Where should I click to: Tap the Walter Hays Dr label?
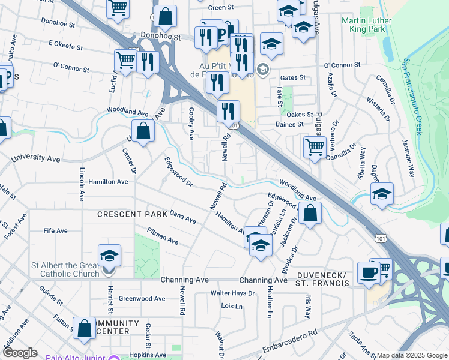pyautogui.click(x=232, y=293)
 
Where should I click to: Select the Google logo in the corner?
pyautogui.click(x=20, y=353)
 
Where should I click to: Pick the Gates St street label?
pyautogui.click(x=293, y=78)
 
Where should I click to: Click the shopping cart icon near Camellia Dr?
pyautogui.click(x=315, y=146)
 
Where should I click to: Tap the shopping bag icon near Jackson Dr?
pyautogui.click(x=309, y=214)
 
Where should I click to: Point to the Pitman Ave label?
pyautogui.click(x=163, y=236)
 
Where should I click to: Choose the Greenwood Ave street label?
pyautogui.click(x=142, y=298)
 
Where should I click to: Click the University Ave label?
pyautogui.click(x=36, y=159)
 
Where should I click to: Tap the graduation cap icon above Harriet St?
pyautogui.click(x=109, y=256)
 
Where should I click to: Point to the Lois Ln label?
pyautogui.click(x=232, y=306)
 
